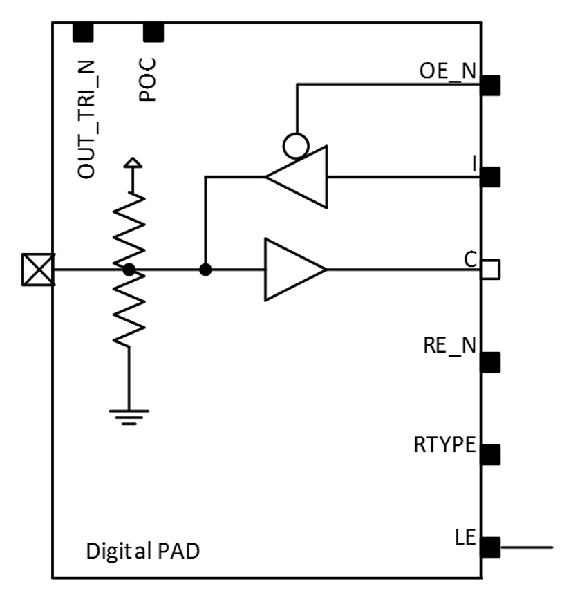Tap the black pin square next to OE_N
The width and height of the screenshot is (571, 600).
490,85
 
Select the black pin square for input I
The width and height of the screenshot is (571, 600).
490,177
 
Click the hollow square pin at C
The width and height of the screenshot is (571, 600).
490,270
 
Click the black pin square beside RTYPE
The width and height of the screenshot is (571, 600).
490,454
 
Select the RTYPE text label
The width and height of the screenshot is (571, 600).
444,444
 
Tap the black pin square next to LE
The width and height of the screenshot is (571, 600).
490,547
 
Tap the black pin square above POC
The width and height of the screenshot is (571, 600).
153,32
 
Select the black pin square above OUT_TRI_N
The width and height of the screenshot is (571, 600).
83,32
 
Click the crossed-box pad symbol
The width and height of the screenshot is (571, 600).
38,270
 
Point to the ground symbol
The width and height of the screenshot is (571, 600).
128,414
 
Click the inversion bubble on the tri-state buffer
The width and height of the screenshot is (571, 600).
297,145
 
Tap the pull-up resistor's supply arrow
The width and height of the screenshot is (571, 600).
133,166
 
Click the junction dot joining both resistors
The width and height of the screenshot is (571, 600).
129,270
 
